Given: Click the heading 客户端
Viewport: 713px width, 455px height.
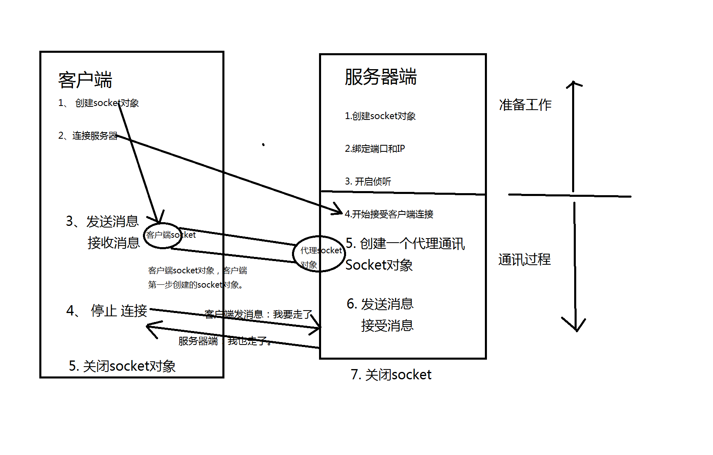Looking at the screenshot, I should (85, 80).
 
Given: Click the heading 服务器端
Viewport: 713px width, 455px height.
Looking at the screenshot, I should (380, 77).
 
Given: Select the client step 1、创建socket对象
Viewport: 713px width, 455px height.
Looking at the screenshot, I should (99, 103).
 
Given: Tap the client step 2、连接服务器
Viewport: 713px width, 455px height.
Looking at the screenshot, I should (88, 136).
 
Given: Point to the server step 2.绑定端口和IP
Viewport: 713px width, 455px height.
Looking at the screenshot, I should (375, 149).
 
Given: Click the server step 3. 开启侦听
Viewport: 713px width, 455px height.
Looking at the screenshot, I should (368, 181).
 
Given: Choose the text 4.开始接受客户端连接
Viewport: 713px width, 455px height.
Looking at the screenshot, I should (389, 214).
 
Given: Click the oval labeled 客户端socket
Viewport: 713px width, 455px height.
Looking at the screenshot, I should (163, 235).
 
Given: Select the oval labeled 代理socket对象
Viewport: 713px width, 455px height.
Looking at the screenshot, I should (319, 254).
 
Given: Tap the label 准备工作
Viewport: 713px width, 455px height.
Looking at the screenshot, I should (525, 105).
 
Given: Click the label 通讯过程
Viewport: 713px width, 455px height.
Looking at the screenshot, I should (524, 259).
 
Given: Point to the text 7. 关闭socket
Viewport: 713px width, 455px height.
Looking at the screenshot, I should (391, 375).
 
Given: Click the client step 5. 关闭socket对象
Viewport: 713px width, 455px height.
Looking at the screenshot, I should (122, 366).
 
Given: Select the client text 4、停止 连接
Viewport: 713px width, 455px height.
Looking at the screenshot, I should (107, 311).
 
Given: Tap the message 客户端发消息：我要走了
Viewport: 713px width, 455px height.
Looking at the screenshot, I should (258, 314).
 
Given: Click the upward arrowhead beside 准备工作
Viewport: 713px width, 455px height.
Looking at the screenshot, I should (573, 84).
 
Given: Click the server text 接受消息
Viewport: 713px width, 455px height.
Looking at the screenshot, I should (387, 326).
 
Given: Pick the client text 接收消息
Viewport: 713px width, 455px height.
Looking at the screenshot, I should (113, 243).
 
